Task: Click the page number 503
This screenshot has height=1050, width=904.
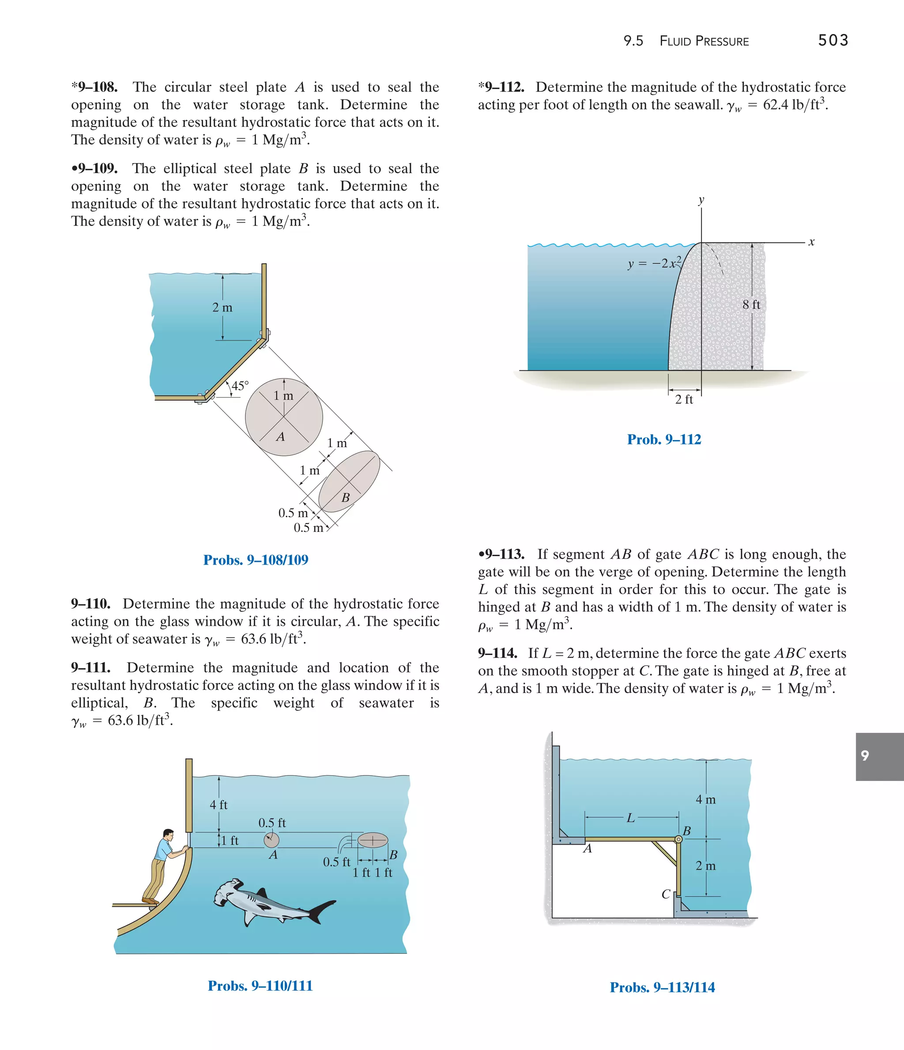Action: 832,40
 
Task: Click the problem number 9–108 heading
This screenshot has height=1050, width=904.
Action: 95,87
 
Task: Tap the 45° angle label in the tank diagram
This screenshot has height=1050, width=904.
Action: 240,386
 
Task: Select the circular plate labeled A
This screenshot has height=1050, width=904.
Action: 284,417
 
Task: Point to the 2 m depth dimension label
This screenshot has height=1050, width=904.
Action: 222,307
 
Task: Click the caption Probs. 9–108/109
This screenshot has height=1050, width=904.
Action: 256,560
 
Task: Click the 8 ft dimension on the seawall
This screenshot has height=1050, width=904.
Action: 751,304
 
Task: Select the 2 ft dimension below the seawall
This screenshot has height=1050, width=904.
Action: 684,399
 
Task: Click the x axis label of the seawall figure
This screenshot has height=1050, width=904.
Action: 811,242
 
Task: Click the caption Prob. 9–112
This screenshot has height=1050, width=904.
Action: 664,440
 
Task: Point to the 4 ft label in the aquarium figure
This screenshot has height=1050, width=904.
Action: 218,805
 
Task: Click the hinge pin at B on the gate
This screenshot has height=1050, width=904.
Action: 678,839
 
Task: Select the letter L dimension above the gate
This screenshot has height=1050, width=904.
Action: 630,817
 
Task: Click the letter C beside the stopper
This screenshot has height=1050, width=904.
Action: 666,895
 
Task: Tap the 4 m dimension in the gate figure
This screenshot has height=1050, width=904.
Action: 705,800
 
